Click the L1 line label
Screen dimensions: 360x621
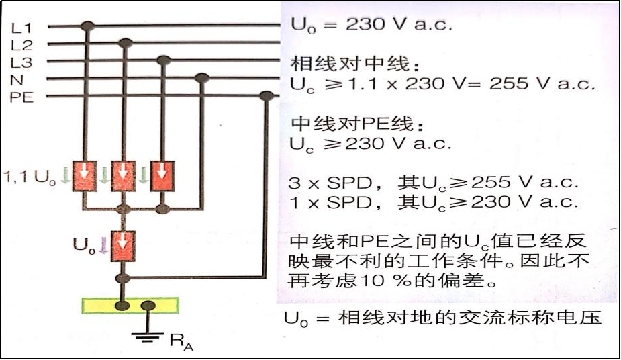tap(21, 28)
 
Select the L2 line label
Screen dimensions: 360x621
tap(21, 46)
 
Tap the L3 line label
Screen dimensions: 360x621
tap(21, 63)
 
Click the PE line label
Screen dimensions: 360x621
tap(21, 97)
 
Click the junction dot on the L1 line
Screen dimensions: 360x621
tap(87, 26)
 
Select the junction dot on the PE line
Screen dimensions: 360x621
tap(267, 96)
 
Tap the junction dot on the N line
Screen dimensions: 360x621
tap(202, 79)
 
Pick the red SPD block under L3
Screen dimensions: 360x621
tap(161, 175)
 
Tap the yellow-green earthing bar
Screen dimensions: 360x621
tap(130, 306)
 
